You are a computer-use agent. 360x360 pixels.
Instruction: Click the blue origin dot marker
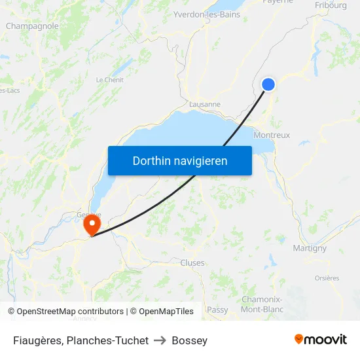click(268, 84)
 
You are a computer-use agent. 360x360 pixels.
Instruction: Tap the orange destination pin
click(91, 226)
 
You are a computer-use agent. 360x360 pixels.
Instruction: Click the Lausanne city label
click(204, 104)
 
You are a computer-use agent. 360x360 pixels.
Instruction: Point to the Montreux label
click(272, 135)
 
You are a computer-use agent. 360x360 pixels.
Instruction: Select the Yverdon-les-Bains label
click(207, 14)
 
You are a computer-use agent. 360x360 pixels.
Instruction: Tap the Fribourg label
click(331, 5)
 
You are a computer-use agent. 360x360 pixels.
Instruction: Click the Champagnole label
click(32, 26)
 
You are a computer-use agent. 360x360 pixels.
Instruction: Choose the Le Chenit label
click(109, 80)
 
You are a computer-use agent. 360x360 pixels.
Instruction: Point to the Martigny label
click(310, 248)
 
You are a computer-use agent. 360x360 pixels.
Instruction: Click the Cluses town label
click(192, 262)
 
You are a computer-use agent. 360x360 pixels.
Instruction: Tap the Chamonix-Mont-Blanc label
click(261, 304)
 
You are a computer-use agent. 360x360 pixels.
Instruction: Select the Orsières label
click(327, 278)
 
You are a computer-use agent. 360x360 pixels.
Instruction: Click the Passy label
click(217, 310)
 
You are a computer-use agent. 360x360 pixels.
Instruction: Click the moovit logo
click(320, 339)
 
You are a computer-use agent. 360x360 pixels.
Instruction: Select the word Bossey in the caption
click(190, 340)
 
